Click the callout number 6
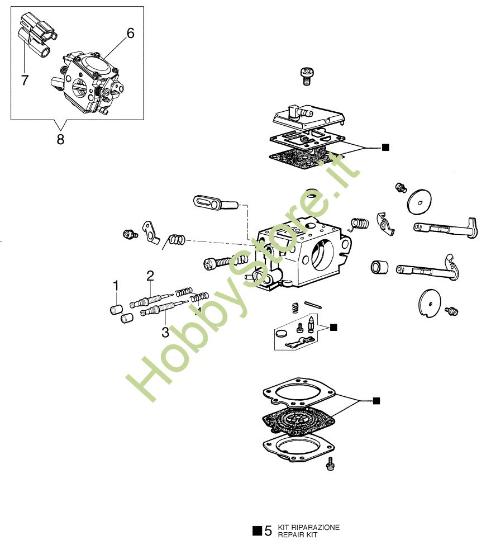[130, 34]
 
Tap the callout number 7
[25, 80]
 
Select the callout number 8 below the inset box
[60, 139]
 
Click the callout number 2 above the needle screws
[150, 276]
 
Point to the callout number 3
[165, 332]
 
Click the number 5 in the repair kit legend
[268, 531]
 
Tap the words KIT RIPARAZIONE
[308, 527]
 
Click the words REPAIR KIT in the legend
[298, 535]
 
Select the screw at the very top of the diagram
[307, 76]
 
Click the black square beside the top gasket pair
[385, 147]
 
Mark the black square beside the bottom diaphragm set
[376, 401]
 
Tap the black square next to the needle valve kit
[333, 327]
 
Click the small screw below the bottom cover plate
[330, 464]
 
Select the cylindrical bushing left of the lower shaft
[379, 267]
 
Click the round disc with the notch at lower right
[430, 304]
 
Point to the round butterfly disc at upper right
[419, 202]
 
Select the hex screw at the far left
[130, 234]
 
